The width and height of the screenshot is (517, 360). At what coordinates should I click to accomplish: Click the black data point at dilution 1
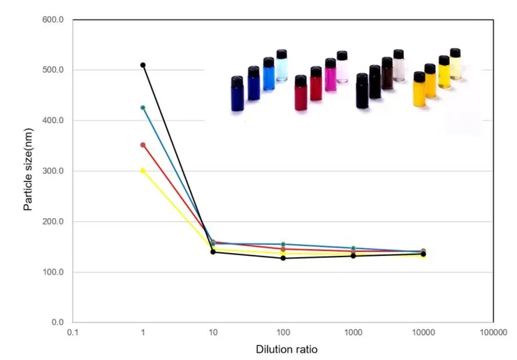[143, 65]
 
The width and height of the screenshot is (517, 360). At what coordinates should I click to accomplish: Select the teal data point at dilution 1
[143, 108]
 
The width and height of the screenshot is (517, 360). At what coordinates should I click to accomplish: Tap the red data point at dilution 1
[143, 145]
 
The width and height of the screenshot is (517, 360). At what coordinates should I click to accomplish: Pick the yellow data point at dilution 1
[143, 171]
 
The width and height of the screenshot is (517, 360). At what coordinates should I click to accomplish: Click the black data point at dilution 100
[283, 258]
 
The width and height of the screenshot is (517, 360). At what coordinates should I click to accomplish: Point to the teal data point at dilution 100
[283, 244]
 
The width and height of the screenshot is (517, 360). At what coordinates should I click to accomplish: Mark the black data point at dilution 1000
[353, 256]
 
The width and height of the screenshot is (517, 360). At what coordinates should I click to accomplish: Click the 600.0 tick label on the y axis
[53, 20]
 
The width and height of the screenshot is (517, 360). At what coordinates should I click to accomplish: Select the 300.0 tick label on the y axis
[53, 171]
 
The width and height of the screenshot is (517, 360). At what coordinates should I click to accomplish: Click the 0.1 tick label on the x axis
[73, 333]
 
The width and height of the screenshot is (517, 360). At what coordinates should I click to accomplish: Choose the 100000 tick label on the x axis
[493, 333]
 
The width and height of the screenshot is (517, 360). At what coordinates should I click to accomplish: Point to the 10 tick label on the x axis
[213, 333]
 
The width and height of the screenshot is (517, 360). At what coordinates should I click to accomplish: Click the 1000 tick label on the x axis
[353, 333]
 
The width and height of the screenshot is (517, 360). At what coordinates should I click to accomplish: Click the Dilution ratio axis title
[283, 349]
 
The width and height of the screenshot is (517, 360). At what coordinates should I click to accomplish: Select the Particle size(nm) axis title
[29, 171]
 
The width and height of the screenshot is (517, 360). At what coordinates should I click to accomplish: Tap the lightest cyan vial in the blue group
[282, 66]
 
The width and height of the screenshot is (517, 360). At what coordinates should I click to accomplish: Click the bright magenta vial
[330, 75]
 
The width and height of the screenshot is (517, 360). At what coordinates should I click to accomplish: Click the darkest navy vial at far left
[237, 94]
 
